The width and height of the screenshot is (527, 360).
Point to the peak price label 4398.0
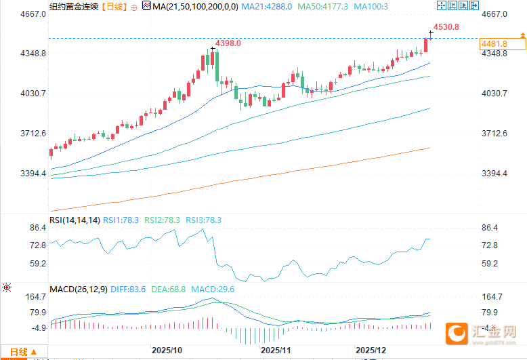click(228, 43)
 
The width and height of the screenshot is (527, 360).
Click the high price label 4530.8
click(446, 27)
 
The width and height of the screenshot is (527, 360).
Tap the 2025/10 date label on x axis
click(167, 351)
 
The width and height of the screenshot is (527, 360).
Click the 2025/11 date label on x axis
click(275, 351)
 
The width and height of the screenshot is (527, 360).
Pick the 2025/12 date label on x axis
click(372, 351)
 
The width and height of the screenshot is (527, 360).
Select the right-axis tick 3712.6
click(494, 134)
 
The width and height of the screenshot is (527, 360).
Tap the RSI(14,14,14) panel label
click(75, 220)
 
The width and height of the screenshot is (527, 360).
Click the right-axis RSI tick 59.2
click(490, 264)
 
